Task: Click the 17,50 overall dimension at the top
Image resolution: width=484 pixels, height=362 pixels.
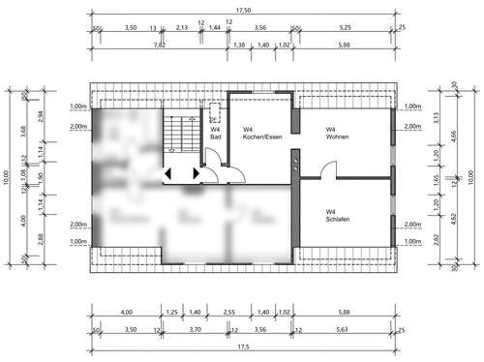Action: click(x=243, y=12)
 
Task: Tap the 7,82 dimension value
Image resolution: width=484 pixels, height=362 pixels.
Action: click(x=159, y=45)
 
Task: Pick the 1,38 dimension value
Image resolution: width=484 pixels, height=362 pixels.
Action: click(x=239, y=45)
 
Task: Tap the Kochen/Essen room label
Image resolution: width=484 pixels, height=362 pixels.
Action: click(x=257, y=133)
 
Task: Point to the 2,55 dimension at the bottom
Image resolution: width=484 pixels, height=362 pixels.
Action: click(x=231, y=313)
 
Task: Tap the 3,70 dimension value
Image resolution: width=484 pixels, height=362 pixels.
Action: click(x=195, y=329)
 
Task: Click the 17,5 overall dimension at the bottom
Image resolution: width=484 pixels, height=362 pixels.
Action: click(x=243, y=346)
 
